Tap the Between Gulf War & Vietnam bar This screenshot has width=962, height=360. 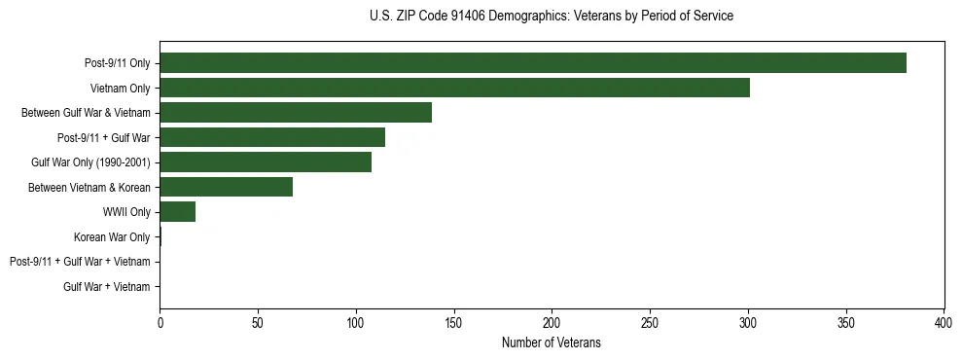pos(296,113)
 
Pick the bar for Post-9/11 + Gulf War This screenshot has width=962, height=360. pos(272,137)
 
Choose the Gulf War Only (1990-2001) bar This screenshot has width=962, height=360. pos(266,162)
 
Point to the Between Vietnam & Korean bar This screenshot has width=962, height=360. pos(226,187)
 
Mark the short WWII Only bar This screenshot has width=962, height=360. pos(177,212)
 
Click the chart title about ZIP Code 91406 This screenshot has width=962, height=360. pos(552,17)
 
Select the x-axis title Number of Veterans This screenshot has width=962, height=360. pos(552,342)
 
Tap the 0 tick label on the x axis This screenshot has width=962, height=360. pos(160,322)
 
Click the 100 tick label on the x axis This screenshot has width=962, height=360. pos(356,322)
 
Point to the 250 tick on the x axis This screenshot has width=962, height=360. pos(650,322)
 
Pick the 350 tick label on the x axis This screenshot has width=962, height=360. pos(845,322)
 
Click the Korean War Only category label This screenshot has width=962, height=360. pos(112,237)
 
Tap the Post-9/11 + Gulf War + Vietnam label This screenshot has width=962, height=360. pos(80,262)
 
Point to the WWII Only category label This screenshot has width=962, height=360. pos(121,212)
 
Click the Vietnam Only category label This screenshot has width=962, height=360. pos(120,89)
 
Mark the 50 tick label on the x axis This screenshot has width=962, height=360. pos(258,322)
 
